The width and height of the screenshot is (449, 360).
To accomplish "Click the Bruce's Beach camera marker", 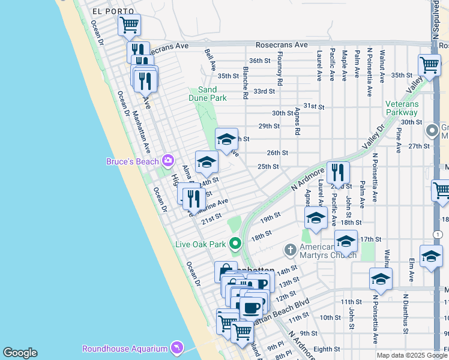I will [167, 160].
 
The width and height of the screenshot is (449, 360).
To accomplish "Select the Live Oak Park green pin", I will [235, 244].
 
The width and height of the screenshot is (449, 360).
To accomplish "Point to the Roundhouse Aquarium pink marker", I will [176, 348].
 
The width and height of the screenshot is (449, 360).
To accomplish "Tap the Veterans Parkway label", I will [402, 108].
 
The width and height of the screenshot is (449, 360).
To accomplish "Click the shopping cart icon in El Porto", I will [129, 25].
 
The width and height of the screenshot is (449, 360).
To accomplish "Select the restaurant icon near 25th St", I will [338, 172].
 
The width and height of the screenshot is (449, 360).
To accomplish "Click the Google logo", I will [20, 353].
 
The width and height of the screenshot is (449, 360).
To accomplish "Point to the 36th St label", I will [260, 61].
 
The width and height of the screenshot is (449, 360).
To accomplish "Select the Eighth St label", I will [327, 349].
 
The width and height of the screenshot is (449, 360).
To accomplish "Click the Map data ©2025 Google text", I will [411, 355].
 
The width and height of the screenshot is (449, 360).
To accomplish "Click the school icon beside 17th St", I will [346, 241].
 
